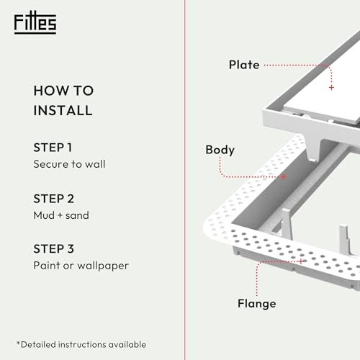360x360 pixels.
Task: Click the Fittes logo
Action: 35,23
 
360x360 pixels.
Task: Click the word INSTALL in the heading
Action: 63,110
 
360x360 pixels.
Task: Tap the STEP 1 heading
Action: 53,148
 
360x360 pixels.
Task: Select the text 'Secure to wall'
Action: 69,164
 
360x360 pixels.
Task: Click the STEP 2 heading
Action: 54,199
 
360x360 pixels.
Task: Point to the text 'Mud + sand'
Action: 61,215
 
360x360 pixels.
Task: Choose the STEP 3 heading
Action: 54,248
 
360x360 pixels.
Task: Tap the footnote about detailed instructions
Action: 81,345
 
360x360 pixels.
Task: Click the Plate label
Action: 244,65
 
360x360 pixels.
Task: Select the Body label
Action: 220,150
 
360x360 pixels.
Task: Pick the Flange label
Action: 257,304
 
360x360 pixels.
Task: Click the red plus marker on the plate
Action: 331,88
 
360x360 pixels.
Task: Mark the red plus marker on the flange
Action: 301,261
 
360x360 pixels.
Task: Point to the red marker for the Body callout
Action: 284,177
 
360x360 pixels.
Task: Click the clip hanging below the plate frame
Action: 315,149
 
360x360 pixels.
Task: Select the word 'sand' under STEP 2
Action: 77,215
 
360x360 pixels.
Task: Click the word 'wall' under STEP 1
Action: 95,164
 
